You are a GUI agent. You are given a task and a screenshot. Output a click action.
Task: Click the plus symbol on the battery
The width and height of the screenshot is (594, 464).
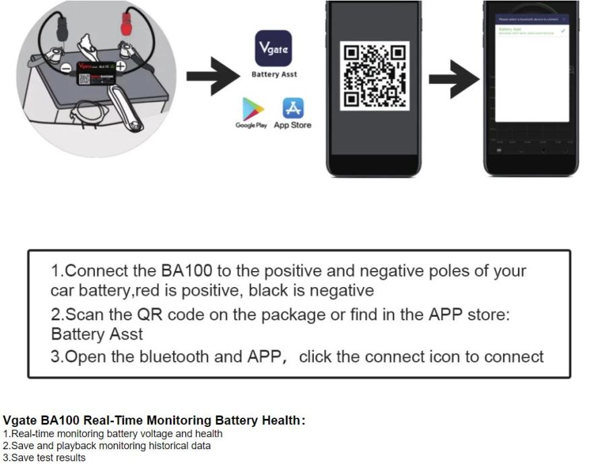[x=120, y=66]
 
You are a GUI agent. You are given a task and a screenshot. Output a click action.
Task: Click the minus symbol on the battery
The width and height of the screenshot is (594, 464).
[x=66, y=68]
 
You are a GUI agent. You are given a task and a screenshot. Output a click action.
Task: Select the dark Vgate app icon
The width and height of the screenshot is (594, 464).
[x=273, y=48]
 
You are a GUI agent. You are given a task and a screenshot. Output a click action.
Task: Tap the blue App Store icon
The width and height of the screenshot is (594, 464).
[x=293, y=108]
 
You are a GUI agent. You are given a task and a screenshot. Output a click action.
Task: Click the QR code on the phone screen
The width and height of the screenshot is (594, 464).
[x=374, y=75]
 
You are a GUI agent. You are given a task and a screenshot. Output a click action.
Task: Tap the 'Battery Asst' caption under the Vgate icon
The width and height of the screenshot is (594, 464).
[x=273, y=75]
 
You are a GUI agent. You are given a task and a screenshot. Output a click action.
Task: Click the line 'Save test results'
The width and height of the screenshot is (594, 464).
[x=44, y=458]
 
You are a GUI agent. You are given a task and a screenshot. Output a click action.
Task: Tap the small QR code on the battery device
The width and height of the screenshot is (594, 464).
[x=84, y=79]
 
